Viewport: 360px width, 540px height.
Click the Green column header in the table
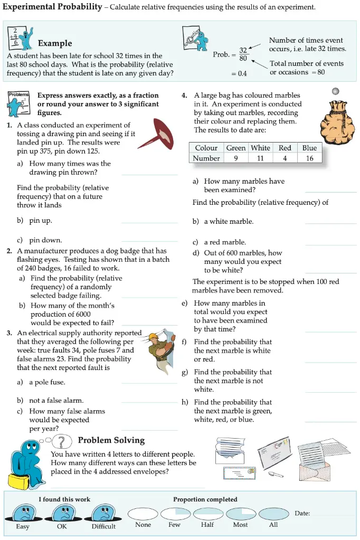click(235, 148)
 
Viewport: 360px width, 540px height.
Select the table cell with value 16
click(309, 158)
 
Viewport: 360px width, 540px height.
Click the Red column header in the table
click(285, 148)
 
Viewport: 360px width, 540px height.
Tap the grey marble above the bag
click(335, 91)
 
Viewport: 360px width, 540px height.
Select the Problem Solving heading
click(111, 440)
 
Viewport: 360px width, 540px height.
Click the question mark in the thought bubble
click(63, 442)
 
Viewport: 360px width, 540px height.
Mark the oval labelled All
click(273, 513)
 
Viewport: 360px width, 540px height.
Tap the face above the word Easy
click(23, 513)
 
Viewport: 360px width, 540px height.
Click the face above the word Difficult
click(103, 513)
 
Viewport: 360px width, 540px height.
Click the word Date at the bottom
click(302, 513)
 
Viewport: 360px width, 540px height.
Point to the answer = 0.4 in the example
click(239, 73)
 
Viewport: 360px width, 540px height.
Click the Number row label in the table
click(206, 158)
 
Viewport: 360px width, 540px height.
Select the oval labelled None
click(143, 513)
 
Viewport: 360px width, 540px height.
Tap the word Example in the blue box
click(55, 43)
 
